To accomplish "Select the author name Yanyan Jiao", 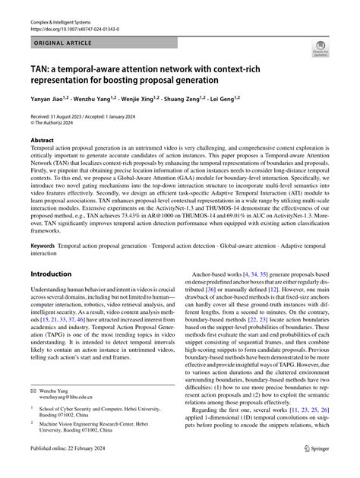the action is pos(51,99).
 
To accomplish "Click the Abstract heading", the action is pos(42,141).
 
